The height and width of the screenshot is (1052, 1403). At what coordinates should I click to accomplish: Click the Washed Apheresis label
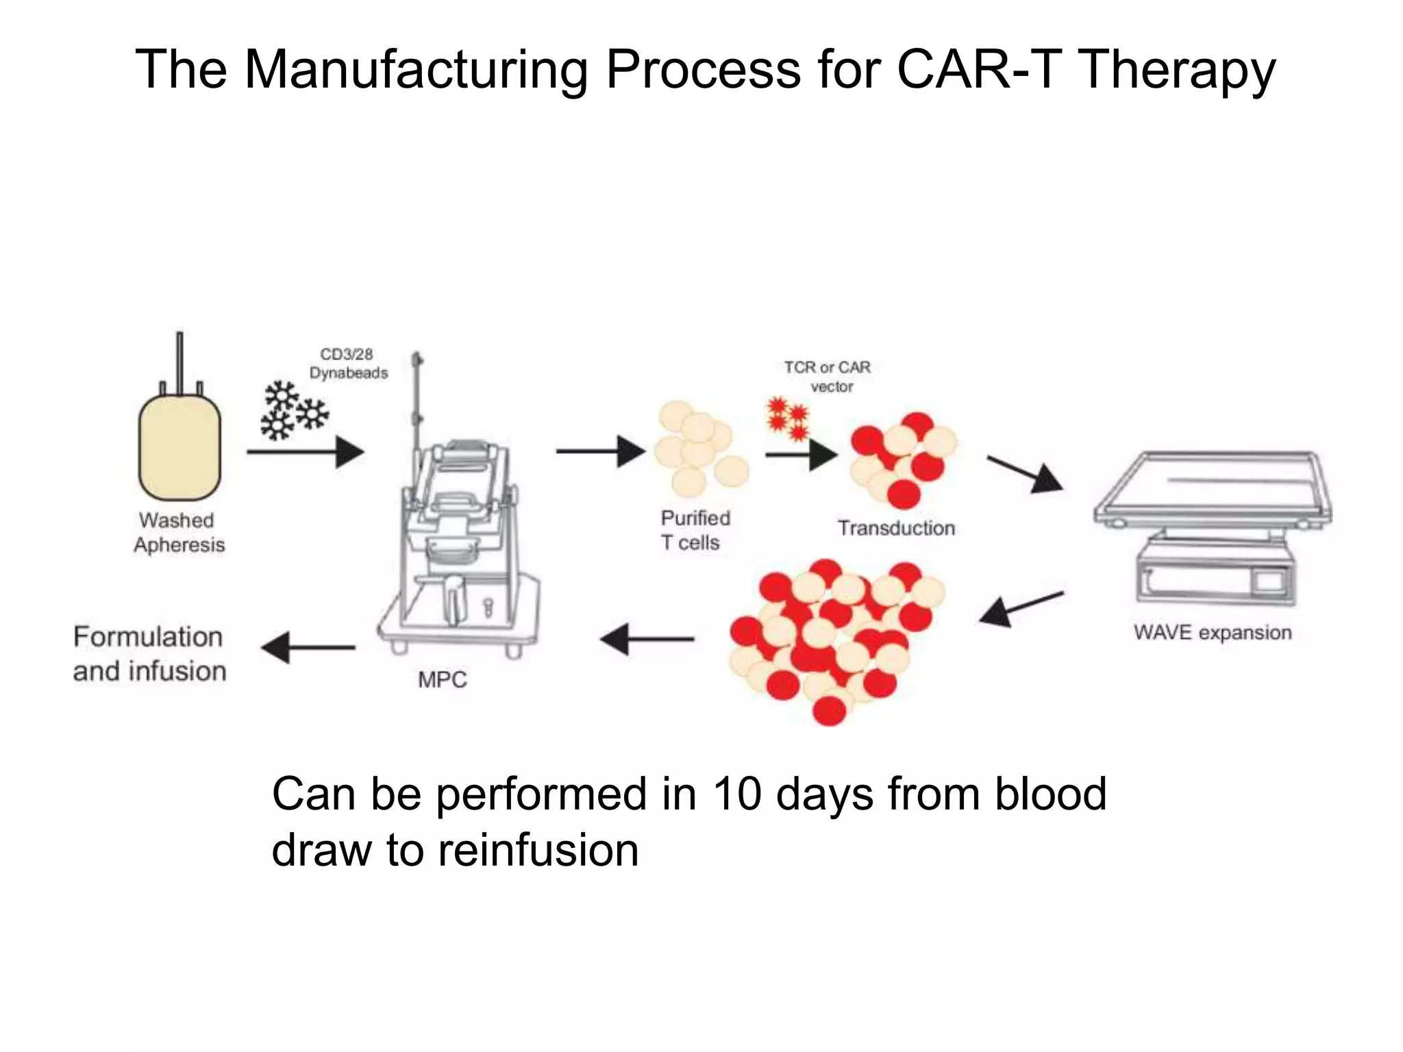[179, 532]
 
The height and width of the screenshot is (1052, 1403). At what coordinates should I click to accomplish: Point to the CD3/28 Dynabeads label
[348, 364]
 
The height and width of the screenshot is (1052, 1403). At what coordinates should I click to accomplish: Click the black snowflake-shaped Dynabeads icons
[293, 412]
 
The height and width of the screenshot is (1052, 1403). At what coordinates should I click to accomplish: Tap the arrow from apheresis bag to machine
[305, 452]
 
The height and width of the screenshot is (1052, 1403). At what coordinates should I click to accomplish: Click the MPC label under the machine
[442, 679]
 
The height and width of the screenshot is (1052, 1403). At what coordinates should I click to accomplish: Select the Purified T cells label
[695, 530]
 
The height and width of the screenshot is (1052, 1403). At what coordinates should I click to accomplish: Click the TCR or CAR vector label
[828, 377]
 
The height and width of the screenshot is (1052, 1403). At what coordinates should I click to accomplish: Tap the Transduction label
[896, 528]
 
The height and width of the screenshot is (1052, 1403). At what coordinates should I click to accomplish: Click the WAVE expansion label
[1212, 632]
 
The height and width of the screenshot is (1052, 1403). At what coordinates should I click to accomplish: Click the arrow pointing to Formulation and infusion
[308, 647]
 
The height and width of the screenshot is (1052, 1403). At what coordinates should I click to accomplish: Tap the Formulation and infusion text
[149, 654]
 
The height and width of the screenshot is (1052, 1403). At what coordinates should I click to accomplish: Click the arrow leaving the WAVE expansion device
[1021, 608]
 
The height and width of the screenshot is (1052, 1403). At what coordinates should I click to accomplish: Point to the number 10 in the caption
[737, 794]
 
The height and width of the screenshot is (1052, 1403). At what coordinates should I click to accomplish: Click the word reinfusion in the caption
[538, 851]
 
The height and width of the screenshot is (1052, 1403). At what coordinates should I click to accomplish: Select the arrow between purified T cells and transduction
[800, 454]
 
